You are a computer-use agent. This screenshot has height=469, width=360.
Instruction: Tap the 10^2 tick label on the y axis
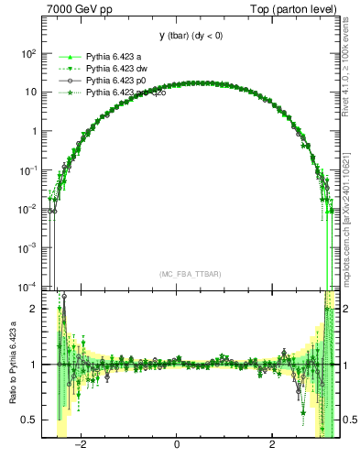click(x=28, y=53)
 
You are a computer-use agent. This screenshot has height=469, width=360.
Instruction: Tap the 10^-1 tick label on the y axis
click(x=28, y=169)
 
